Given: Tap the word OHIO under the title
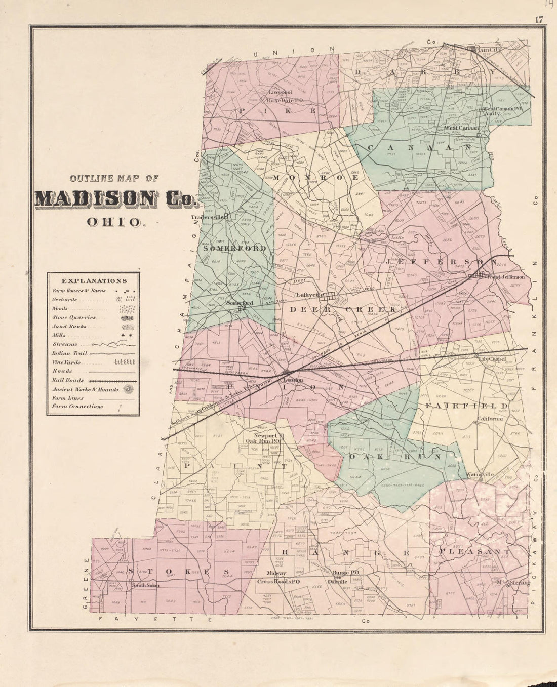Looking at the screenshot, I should pyautogui.click(x=116, y=222).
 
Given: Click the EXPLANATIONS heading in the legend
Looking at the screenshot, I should pyautogui.click(x=94, y=281).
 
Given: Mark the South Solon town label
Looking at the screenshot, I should pyautogui.click(x=145, y=585).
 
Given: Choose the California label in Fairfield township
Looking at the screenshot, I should pyautogui.click(x=491, y=419).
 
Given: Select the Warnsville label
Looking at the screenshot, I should pyautogui.click(x=480, y=474).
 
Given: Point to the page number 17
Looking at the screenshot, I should pyautogui.click(x=538, y=20).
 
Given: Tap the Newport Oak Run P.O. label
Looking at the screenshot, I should pyautogui.click(x=267, y=438).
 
